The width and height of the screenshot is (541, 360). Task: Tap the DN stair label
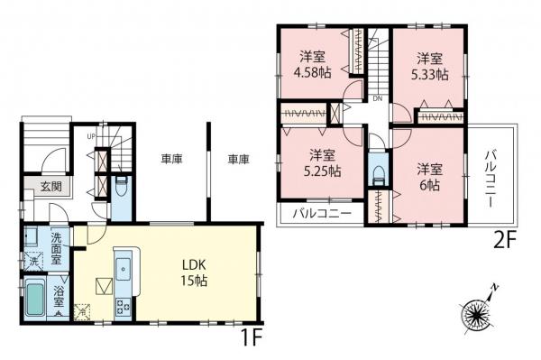point(378,100)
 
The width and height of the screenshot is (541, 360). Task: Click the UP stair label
point(91,137)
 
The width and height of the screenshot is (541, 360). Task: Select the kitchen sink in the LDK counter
point(124,267)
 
